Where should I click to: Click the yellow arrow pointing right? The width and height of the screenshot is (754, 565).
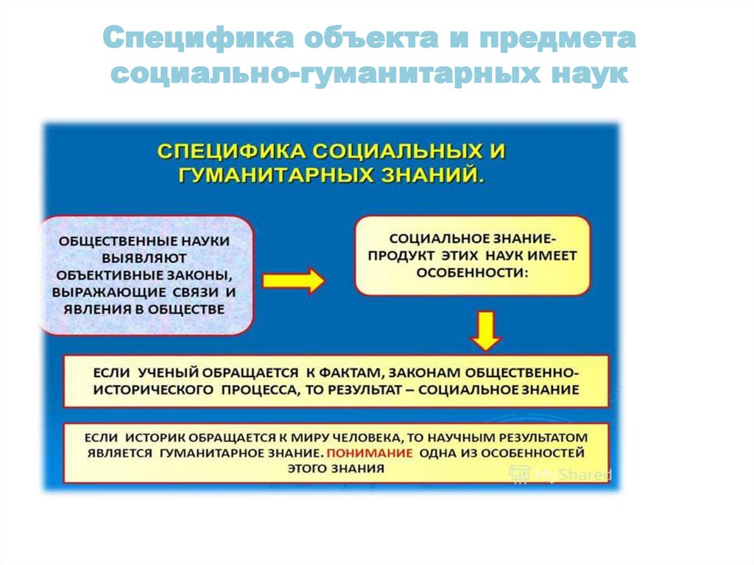(x=293, y=280)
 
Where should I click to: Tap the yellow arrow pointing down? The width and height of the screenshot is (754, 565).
(x=486, y=331)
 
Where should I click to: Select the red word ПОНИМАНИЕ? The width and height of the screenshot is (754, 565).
(x=370, y=453)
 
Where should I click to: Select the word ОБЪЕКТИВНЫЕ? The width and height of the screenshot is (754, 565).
(x=104, y=275)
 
